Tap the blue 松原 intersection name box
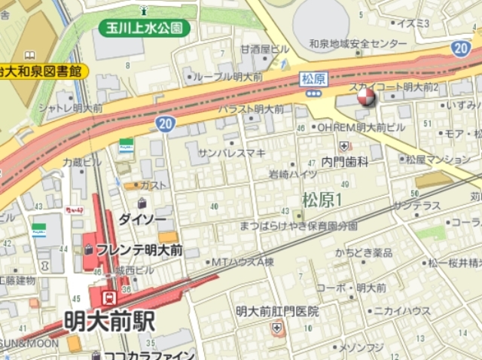pyautogui.click(x=313, y=78)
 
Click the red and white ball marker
pyautogui.click(x=365, y=97)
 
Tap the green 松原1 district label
pyautogui.click(x=322, y=200)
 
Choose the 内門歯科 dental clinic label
pyautogui.click(x=345, y=161)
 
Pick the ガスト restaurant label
pyautogui.click(x=154, y=185)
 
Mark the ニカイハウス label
pyautogui.click(x=402, y=310)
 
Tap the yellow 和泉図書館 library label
pyautogui.click(x=41, y=72)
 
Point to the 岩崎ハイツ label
pyautogui.click(x=293, y=174)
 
